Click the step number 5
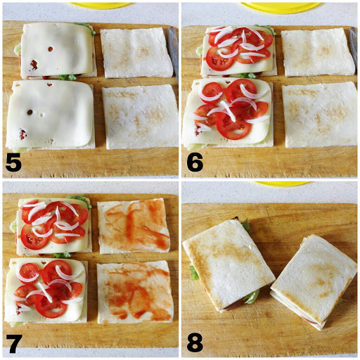[x=13, y=163]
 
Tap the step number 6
[x=195, y=163]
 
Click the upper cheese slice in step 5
[x=58, y=49]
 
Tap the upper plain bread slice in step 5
[x=136, y=53]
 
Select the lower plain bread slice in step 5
[x=140, y=116]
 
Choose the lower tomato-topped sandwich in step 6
[x=229, y=111]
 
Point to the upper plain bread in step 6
[x=316, y=52]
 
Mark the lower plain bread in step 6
[x=319, y=115]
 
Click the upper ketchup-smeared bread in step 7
[x=134, y=226]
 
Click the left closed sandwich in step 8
[x=229, y=264]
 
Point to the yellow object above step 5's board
[x=98, y=4]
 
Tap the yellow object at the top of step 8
[x=281, y=184]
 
